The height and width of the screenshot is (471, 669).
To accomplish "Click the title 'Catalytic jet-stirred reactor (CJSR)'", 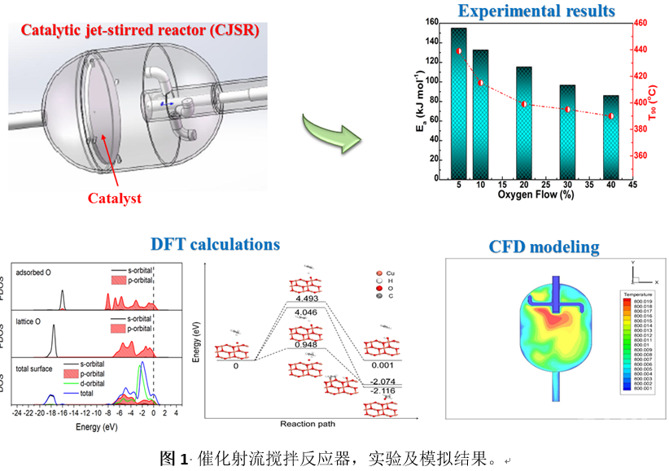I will [140, 32].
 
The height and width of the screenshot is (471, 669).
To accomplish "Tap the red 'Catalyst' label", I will [115, 198].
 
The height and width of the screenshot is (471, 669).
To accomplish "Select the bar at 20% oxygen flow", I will [524, 122].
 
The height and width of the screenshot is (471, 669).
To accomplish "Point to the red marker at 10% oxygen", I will [481, 83].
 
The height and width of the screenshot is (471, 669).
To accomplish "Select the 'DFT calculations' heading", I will [215, 244].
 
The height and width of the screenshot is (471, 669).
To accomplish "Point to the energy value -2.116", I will [381, 390].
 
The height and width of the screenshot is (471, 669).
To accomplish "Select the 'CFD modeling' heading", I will [544, 246].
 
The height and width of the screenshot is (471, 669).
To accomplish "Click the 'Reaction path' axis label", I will [308, 424].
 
